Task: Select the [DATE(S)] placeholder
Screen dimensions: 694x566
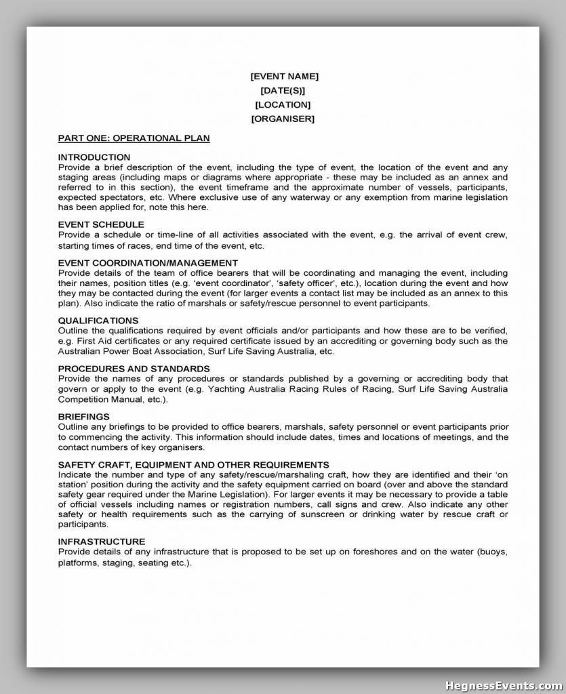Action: (283, 91)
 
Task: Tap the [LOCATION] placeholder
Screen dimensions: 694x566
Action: (283, 105)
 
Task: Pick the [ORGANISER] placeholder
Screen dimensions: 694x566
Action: (283, 119)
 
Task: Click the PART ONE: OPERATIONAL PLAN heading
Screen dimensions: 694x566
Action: (134, 138)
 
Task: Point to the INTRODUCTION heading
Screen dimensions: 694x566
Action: (94, 157)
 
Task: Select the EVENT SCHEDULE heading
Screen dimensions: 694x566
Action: (101, 224)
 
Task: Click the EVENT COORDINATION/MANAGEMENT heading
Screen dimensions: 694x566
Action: (148, 262)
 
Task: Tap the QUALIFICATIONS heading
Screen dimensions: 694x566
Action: (98, 320)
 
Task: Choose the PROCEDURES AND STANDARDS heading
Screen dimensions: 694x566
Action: (134, 368)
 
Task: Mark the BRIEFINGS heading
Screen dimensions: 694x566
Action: (84, 416)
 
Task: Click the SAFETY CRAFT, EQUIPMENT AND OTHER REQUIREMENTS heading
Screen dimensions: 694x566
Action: (194, 464)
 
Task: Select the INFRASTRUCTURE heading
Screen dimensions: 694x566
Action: (102, 542)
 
